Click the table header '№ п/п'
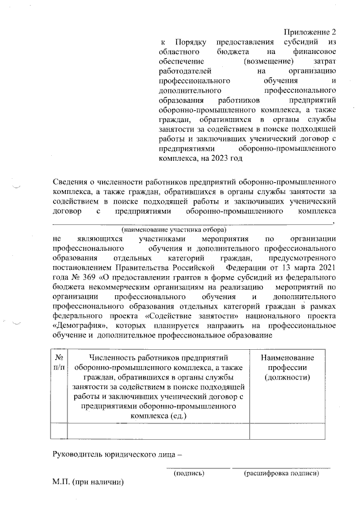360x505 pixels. coord(59,363)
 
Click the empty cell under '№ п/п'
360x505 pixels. coord(59,430)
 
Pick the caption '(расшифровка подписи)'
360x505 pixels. coord(281,474)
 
